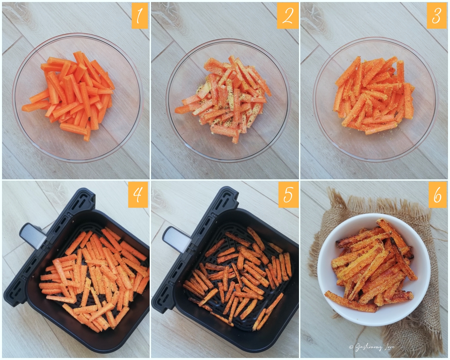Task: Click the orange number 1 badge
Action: (139, 16)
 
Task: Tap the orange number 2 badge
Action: (288, 16)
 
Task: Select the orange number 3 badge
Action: (437, 16)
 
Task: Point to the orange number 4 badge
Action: (138, 194)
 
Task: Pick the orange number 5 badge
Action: (288, 194)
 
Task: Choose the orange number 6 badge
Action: (437, 194)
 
